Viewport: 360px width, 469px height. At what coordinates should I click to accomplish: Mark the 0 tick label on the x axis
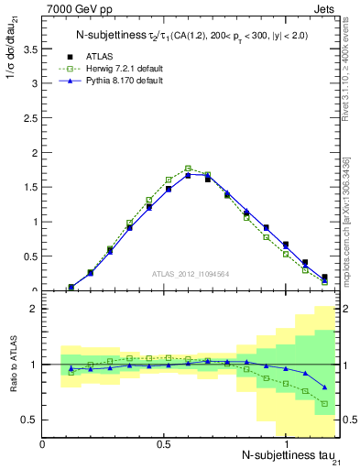(x=43, y=443)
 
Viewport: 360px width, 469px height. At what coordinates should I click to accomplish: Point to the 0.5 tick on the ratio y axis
(x=29, y=420)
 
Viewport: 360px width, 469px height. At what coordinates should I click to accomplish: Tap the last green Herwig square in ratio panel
(x=324, y=403)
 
